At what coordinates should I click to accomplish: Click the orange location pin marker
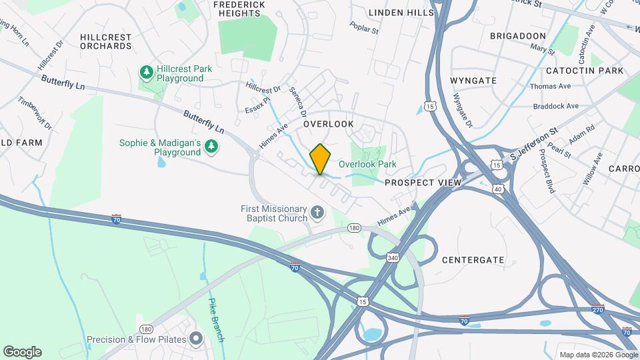(320, 159)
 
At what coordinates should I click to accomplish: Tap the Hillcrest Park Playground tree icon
(146, 71)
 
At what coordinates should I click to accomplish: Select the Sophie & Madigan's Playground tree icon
(211, 145)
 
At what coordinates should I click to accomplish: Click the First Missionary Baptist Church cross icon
(317, 214)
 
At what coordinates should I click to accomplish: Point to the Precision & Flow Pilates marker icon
(195, 339)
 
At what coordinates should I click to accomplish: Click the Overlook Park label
(367, 164)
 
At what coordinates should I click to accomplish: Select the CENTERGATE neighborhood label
(473, 259)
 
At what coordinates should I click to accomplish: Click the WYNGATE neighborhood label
(473, 81)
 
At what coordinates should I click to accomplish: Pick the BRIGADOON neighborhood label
(518, 36)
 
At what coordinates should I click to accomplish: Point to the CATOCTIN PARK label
(584, 71)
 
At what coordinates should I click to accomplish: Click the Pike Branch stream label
(217, 320)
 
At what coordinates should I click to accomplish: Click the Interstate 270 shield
(597, 309)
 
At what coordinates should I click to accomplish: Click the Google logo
(22, 351)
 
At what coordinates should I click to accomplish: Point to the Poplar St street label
(365, 29)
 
